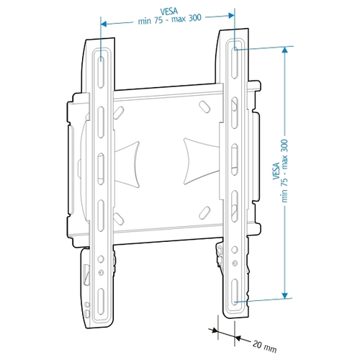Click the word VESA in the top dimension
pyautogui.click(x=168, y=12)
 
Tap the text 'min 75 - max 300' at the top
pyautogui.click(x=168, y=21)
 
